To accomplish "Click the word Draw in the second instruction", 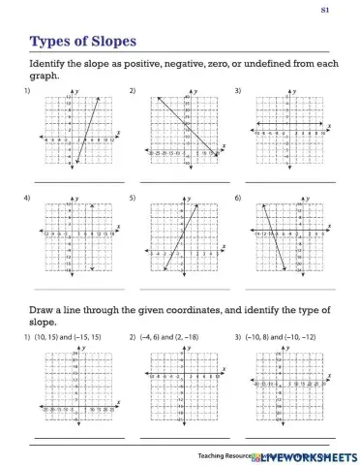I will pos(45,310).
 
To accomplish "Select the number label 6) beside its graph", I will pos(238,198).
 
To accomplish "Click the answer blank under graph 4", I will pos(77,289).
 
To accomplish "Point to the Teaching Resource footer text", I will pos(223,454).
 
